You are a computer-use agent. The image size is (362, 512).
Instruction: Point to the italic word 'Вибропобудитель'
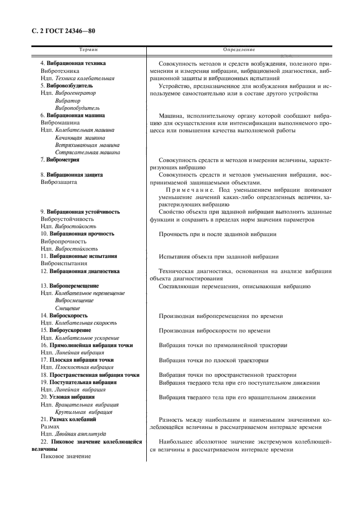tap(77, 108)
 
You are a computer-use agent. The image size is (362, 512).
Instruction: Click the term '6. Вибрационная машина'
tap(72, 116)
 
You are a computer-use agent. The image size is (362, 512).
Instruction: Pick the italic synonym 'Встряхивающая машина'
tap(87, 145)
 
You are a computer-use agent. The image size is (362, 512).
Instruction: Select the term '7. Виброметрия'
tap(60, 160)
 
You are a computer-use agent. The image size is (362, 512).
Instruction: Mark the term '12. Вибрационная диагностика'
tap(80, 271)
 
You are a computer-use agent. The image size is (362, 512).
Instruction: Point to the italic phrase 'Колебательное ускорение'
tap(87, 338)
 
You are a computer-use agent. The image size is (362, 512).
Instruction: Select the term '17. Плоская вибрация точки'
tap(77, 360)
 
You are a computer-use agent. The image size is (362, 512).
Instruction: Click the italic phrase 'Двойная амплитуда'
tap(79, 434)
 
